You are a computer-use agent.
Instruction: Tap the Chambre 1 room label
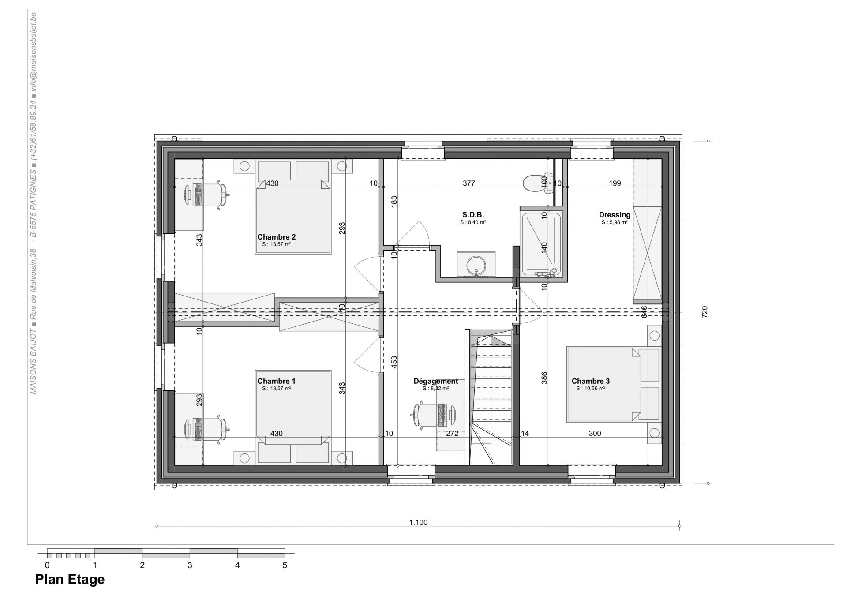[277, 381]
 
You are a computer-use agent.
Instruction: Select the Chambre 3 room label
[591, 381]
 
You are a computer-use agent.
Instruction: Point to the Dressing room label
[615, 215]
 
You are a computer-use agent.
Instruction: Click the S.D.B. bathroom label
[473, 215]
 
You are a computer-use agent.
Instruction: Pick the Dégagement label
[436, 381]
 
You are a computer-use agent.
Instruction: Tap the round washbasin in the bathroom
[476, 265]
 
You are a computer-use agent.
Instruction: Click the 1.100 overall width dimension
[418, 523]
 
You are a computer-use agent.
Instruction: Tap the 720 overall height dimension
[705, 312]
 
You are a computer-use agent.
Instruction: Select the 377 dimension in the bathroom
[468, 183]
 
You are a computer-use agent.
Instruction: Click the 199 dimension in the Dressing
[615, 183]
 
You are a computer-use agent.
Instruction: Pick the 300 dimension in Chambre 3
[595, 434]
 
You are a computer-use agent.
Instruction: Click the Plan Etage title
[70, 579]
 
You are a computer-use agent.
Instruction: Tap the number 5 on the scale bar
[285, 565]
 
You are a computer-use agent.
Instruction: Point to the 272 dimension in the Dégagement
[452, 434]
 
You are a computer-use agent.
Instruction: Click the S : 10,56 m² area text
[590, 389]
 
